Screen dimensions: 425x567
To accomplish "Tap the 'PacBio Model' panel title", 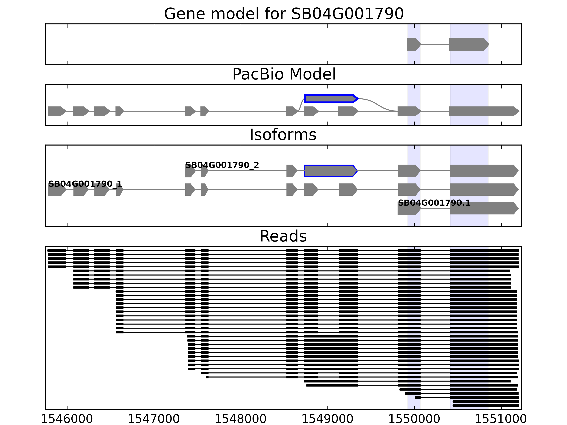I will (x=284, y=74).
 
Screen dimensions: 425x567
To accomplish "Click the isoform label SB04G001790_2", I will (x=222, y=165).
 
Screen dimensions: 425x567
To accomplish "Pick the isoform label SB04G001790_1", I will (x=85, y=184).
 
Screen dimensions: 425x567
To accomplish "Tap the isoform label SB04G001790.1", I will (x=434, y=203).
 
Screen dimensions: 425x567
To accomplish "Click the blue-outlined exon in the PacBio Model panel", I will (x=330, y=99).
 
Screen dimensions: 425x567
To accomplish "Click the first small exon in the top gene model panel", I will (x=413, y=44).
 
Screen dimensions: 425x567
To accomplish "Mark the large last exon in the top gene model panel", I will (x=468, y=44).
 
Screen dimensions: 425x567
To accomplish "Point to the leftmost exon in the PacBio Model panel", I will (x=56, y=111).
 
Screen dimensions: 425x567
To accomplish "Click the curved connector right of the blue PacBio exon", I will (x=377, y=104).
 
